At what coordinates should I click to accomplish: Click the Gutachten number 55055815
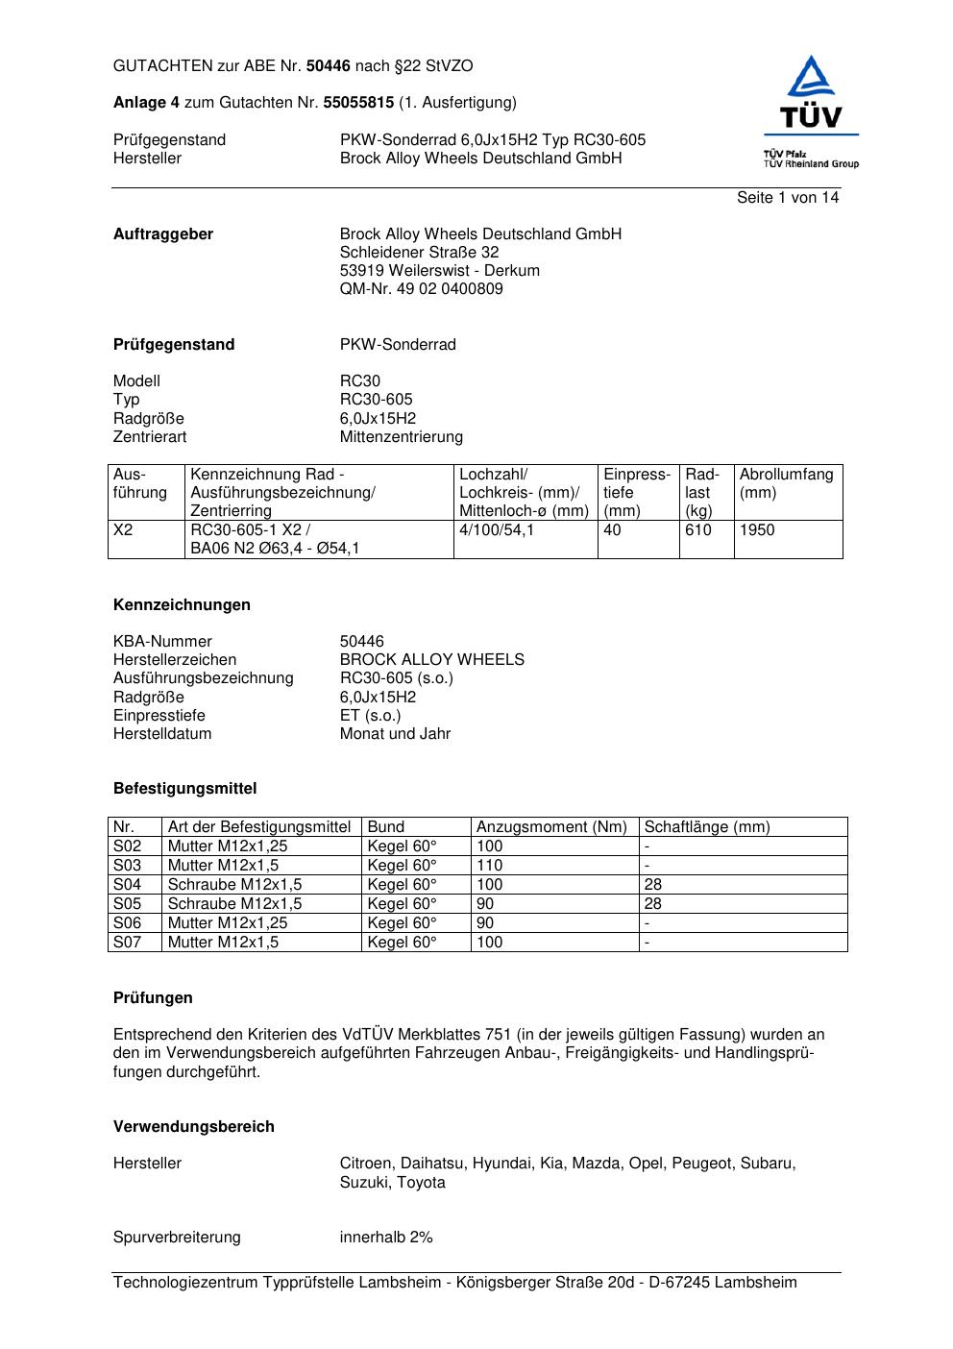358,103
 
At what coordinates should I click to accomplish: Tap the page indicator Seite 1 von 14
788,198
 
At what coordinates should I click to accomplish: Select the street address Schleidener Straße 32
419,253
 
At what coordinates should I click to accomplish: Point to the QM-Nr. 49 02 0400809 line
421,289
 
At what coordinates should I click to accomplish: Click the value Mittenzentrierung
401,437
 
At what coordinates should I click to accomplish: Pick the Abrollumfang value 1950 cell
757,530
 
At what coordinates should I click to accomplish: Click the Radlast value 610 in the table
698,530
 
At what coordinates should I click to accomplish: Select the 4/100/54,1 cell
497,530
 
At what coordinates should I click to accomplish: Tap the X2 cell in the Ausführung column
123,530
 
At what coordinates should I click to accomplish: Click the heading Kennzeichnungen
182,605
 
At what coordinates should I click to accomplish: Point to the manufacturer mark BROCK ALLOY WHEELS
432,660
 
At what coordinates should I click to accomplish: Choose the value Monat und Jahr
395,734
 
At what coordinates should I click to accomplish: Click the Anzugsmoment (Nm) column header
551,827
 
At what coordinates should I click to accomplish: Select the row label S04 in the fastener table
127,885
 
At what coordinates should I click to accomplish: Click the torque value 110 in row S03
489,866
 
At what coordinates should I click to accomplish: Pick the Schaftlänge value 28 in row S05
653,904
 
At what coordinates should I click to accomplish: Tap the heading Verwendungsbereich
194,1127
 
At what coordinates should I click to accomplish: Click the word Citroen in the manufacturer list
366,1164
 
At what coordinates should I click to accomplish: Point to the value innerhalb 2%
386,1238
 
